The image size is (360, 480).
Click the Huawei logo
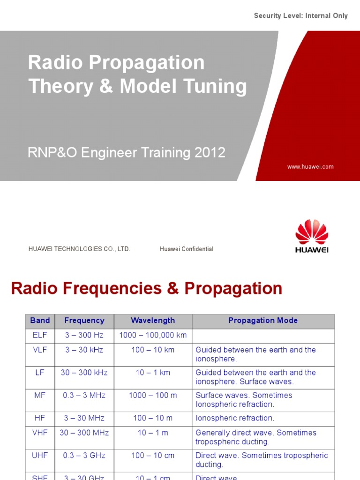coord(312,236)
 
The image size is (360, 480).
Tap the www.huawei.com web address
coord(310,166)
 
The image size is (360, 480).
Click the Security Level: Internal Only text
coord(300,16)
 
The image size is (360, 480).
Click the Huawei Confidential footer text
coord(186,249)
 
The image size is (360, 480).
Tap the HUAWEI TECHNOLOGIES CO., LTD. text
coord(79,249)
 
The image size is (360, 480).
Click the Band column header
coord(40,321)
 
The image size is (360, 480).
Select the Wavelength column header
coord(153,321)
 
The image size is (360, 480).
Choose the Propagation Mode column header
coord(262,321)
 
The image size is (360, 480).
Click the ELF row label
coord(40,335)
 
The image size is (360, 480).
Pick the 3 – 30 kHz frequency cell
coord(84,350)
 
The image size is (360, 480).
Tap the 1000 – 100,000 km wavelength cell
coord(153,335)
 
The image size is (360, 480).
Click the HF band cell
coord(40,418)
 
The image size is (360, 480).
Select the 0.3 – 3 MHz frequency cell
coord(84,395)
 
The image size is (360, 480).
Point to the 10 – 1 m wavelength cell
coord(153,433)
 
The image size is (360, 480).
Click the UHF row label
coord(40,455)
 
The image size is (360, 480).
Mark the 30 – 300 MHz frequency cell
coord(84,433)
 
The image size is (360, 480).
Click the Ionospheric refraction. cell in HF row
coord(235,418)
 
